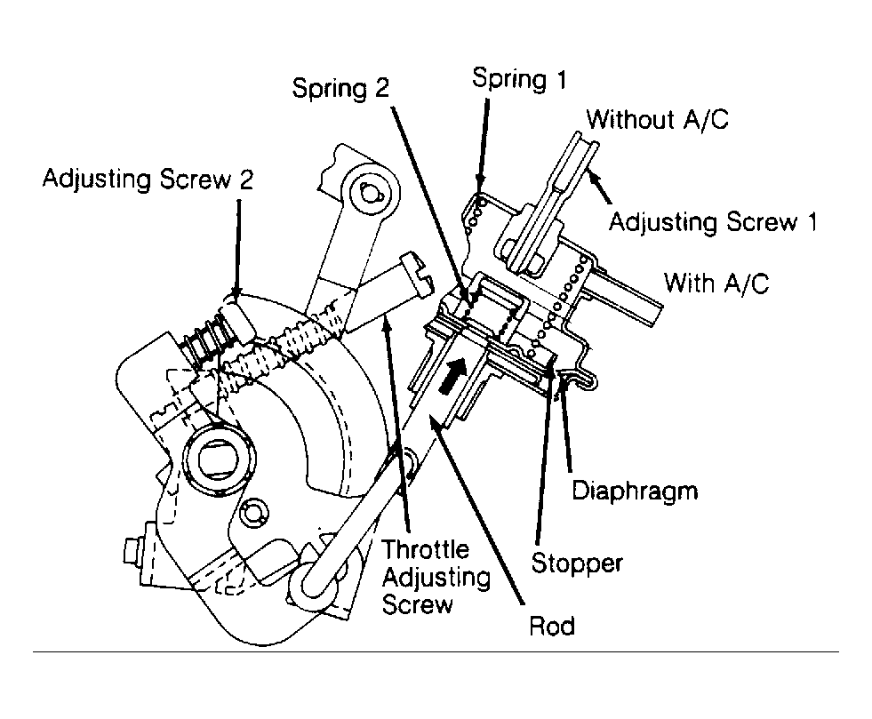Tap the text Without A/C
pyautogui.click(x=658, y=118)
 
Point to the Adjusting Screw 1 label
pyautogui.click(x=712, y=220)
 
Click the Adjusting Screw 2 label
pyautogui.click(x=148, y=179)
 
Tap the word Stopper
pyautogui.click(x=576, y=562)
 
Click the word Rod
pyautogui.click(x=551, y=625)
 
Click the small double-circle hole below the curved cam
pyautogui.click(x=251, y=511)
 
